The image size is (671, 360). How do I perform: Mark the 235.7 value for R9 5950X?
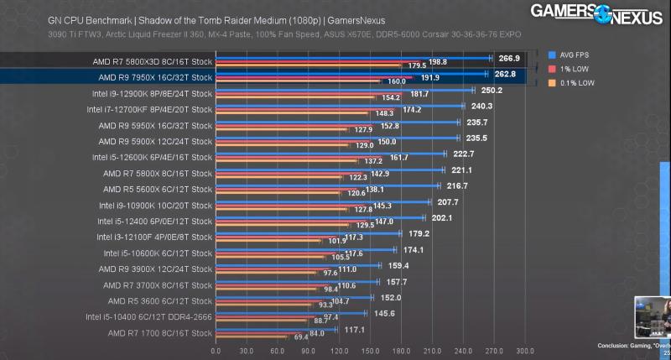tap(476, 122)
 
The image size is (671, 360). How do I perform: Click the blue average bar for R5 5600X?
tap(327, 185)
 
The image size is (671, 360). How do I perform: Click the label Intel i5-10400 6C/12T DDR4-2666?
tap(148, 316)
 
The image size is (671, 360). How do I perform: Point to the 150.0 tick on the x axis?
tap(371, 351)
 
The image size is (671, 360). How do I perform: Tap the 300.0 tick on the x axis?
tap(525, 351)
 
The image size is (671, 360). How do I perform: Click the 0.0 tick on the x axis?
tap(216, 351)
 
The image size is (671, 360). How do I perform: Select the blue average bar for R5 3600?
tap(294, 297)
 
